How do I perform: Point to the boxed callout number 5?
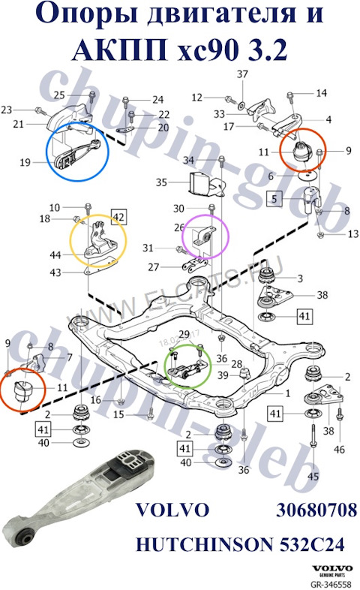click(x=275, y=199)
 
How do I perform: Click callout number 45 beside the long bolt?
click(x=313, y=477)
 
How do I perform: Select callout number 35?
click(x=161, y=182)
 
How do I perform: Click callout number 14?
click(x=321, y=93)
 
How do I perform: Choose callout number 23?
click(x=7, y=109)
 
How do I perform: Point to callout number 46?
click(x=340, y=449)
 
